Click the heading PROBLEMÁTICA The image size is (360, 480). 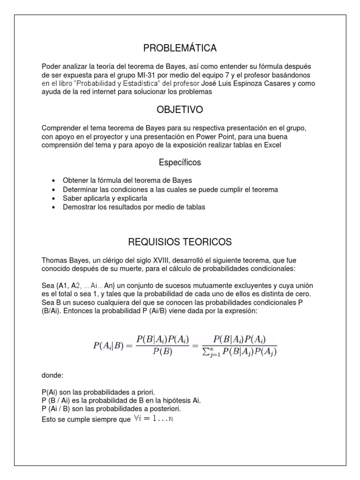click(180, 48)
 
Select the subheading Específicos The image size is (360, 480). click(180, 163)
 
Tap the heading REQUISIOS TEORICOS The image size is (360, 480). click(180, 242)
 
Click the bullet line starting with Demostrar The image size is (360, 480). click(134, 207)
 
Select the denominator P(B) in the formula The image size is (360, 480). click(164, 352)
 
